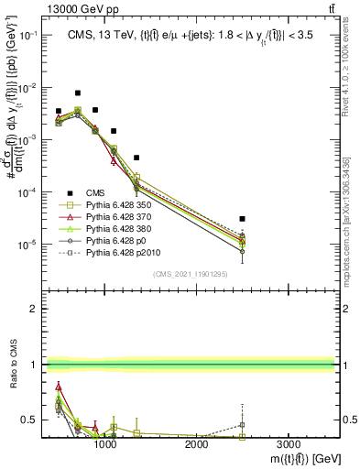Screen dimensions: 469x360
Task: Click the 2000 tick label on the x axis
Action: click(197, 444)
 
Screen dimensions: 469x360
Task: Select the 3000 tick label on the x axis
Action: click(289, 444)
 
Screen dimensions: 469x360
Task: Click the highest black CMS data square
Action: click(78, 93)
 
